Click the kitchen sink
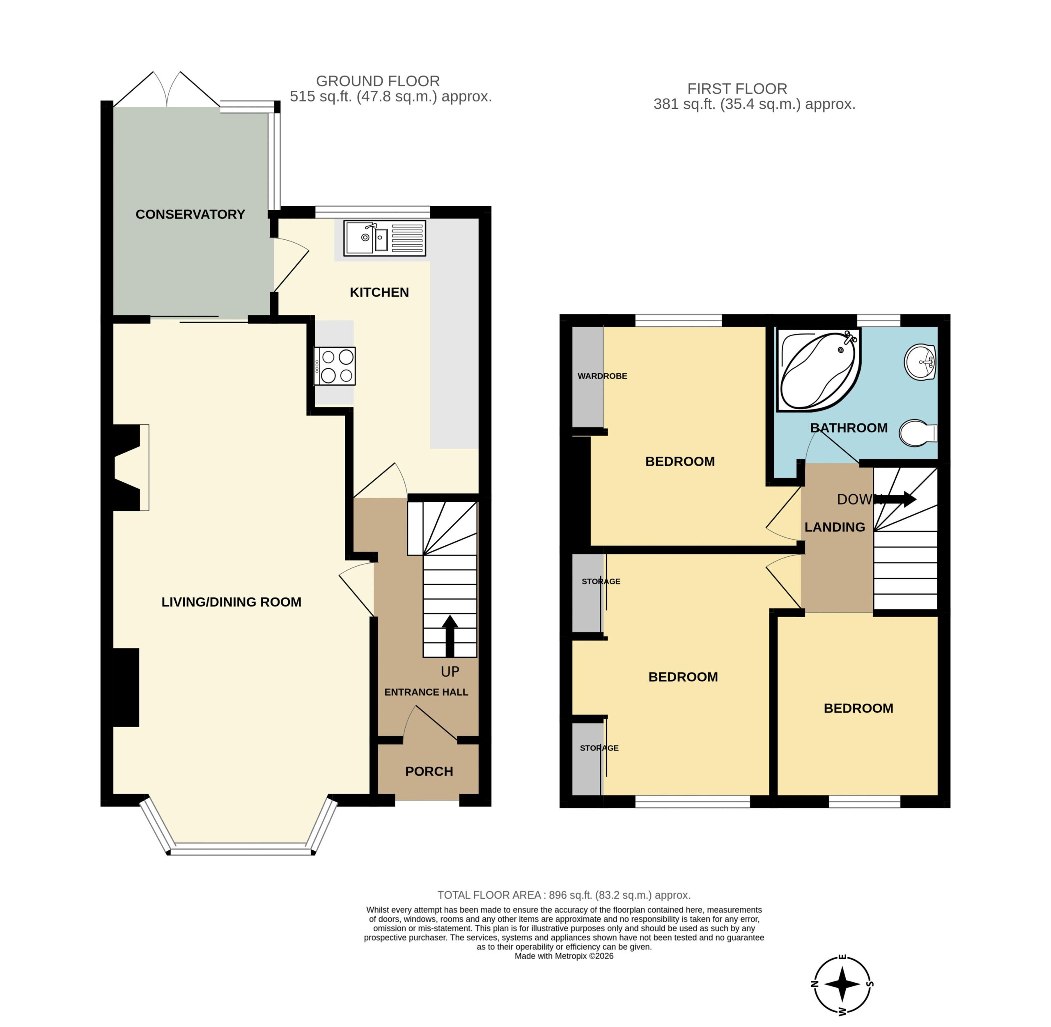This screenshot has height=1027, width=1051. coord(385,237)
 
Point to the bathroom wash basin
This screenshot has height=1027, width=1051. coord(920,361)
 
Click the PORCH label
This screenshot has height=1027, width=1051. coord(429,771)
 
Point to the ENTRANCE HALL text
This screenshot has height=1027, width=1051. coord(426,692)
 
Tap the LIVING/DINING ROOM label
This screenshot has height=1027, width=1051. coord(231,602)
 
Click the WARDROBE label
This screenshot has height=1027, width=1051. coord(602,376)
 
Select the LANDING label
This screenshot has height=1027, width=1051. coord(835,527)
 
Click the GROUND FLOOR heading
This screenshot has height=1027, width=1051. coord(378,81)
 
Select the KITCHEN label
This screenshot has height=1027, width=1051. coord(380,292)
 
